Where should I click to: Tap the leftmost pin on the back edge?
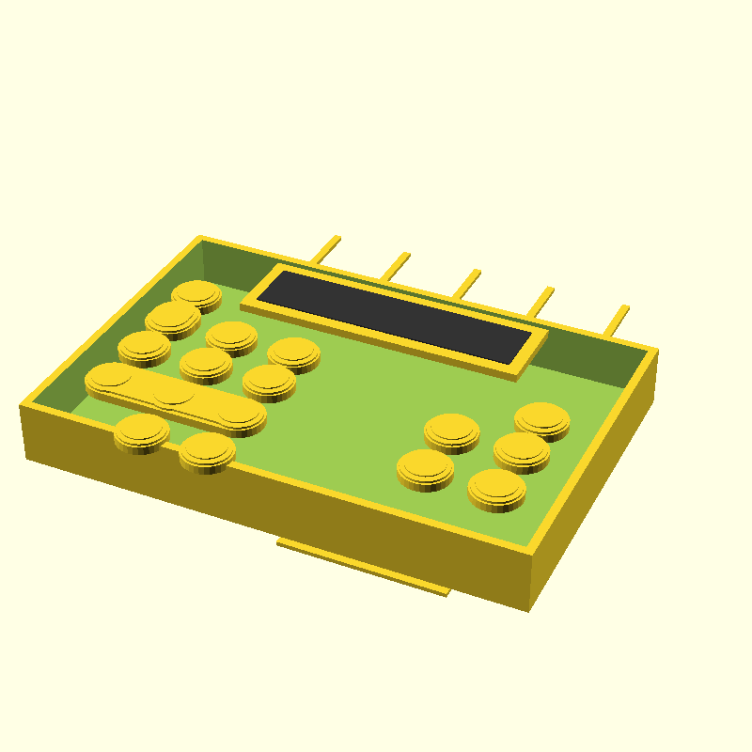point(325,249)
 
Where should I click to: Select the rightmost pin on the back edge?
point(617,320)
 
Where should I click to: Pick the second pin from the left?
point(397,265)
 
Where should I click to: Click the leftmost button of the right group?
point(425,466)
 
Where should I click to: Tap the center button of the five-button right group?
point(522,450)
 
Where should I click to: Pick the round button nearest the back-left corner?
point(196,294)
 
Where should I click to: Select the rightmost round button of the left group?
point(294,352)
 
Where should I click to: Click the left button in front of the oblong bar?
point(142,431)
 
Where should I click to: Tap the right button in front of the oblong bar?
point(208,450)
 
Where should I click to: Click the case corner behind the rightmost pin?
point(654,351)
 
